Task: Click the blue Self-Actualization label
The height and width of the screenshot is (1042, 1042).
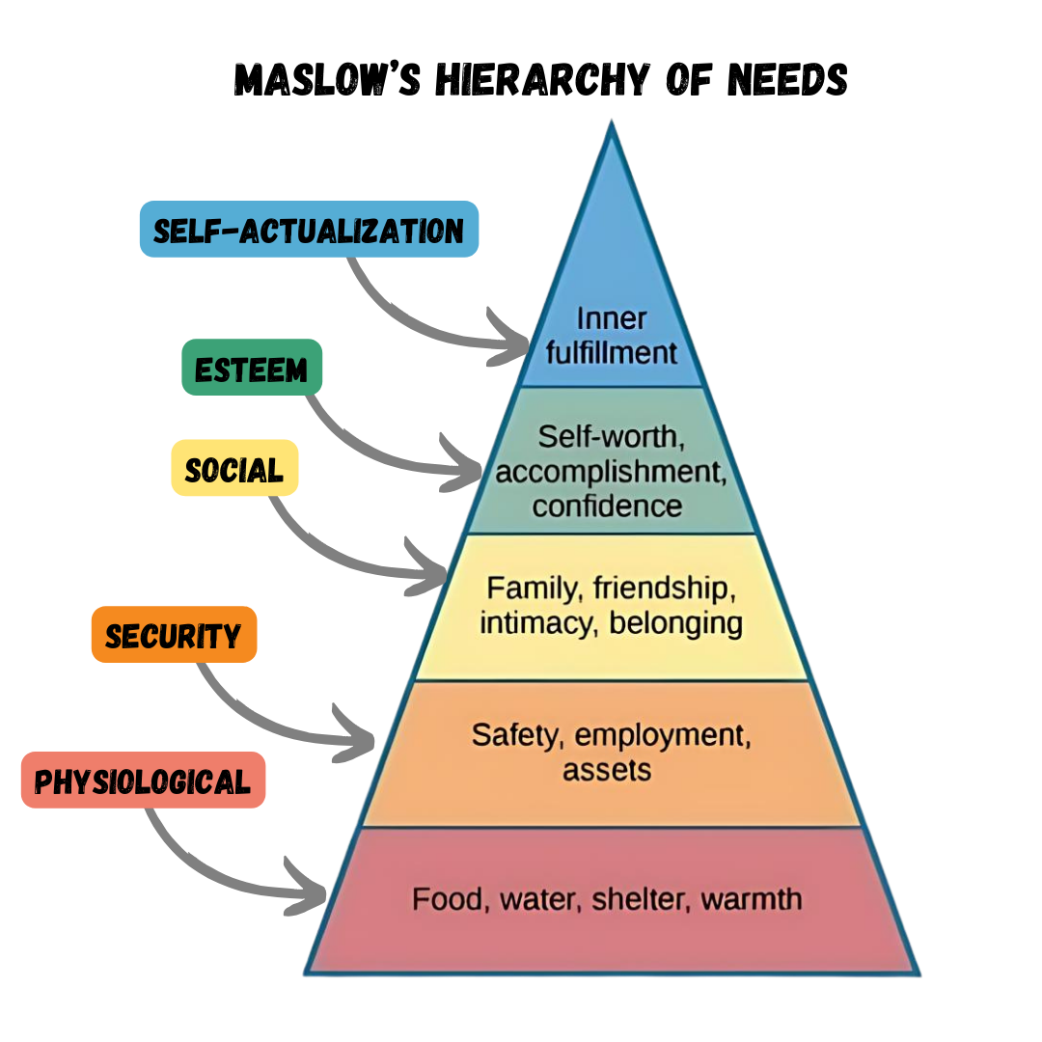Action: (309, 230)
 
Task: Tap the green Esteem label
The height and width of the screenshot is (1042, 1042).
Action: (252, 368)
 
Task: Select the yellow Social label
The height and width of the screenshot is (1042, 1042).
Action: (234, 469)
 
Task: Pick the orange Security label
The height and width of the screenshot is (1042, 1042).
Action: (174, 635)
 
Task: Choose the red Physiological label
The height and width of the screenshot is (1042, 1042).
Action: (143, 780)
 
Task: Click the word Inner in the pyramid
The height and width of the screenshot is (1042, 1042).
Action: (611, 317)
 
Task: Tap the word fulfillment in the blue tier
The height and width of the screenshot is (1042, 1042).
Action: (612, 352)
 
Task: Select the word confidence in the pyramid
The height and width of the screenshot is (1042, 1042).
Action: (607, 506)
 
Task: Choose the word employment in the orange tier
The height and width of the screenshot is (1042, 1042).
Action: (662, 735)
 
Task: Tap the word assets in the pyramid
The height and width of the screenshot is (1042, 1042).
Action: (607, 770)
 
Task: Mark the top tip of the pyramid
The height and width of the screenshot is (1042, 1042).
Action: (611, 123)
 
